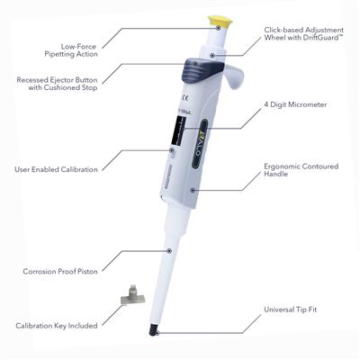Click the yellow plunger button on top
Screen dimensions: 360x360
pyautogui.click(x=220, y=21)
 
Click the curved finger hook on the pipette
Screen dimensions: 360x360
pyautogui.click(x=236, y=76)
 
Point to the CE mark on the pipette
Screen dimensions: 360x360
pyautogui.click(x=186, y=98)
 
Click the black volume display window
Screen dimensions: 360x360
pyautogui.click(x=179, y=131)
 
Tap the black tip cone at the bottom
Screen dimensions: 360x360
pyautogui.click(x=154, y=329)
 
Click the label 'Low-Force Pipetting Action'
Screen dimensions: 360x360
pyautogui.click(x=71, y=50)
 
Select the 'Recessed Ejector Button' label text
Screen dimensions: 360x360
pyautogui.click(x=57, y=80)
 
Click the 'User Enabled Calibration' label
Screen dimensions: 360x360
pyautogui.click(x=56, y=169)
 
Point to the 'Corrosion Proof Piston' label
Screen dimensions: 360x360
pyautogui.click(x=60, y=272)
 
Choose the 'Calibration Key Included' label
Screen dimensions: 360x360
pyautogui.click(x=57, y=326)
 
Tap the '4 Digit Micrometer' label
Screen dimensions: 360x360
pyautogui.click(x=295, y=104)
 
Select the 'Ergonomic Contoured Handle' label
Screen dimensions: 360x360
pyautogui.click(x=301, y=170)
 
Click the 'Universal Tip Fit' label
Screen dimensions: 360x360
pyautogui.click(x=290, y=310)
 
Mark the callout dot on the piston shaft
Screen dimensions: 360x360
pyautogui.click(x=169, y=250)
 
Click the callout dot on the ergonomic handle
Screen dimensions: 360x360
pyautogui.click(x=193, y=190)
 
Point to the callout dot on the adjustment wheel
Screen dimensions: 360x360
pyautogui.click(x=212, y=56)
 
